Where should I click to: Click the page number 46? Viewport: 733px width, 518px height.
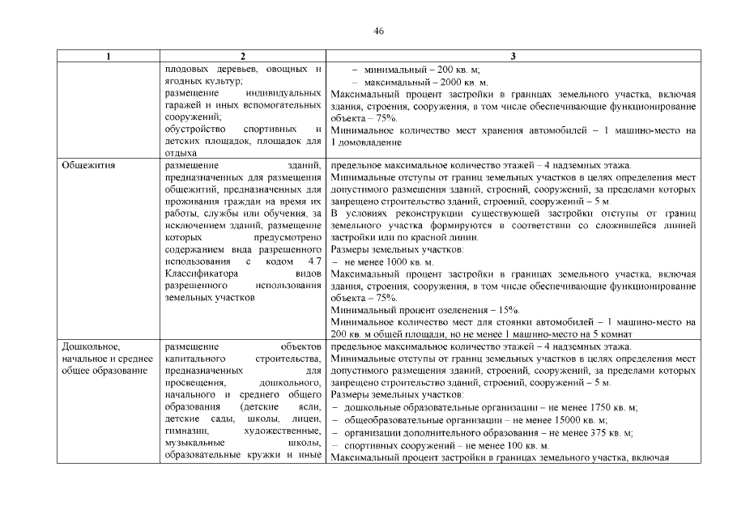(378, 31)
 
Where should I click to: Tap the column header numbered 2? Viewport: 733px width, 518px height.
(243, 57)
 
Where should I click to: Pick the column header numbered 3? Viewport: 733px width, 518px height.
(514, 57)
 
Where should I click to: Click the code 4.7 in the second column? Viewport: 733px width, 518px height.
(315, 262)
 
